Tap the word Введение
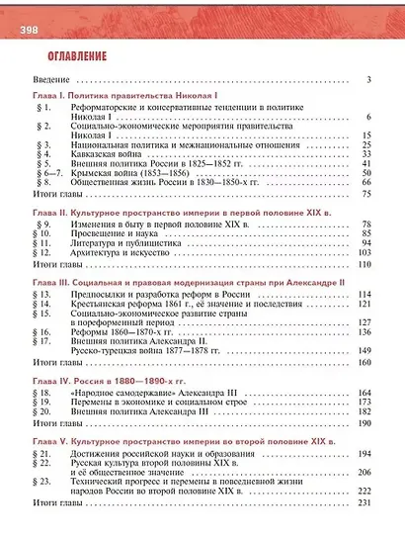(48, 79)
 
